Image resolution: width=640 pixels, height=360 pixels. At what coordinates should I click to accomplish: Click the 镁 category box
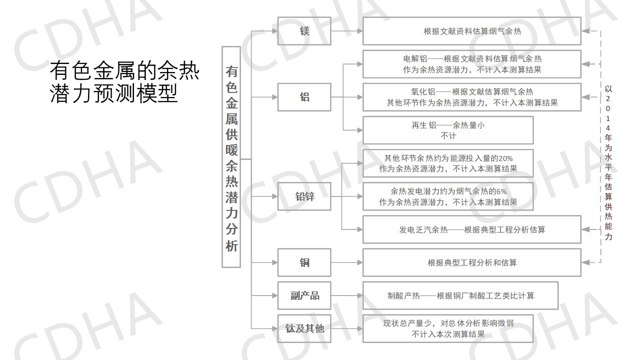pyautogui.click(x=304, y=31)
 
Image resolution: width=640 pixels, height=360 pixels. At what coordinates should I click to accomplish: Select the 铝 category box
pyautogui.click(x=304, y=97)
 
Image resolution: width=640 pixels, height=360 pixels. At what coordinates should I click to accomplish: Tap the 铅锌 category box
pyautogui.click(x=304, y=196)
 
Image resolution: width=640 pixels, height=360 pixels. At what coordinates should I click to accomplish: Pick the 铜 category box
pyautogui.click(x=304, y=262)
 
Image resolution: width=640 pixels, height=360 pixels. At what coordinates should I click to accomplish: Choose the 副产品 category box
pyautogui.click(x=304, y=295)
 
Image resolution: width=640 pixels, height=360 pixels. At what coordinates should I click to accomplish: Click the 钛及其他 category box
pyautogui.click(x=304, y=328)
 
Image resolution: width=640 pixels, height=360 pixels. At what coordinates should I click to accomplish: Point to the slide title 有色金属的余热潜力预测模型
pyautogui.click(x=124, y=82)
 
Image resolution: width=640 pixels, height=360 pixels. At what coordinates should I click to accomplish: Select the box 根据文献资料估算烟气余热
pyautogui.click(x=471, y=31)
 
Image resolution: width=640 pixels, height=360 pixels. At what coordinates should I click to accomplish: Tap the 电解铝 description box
pyautogui.click(x=471, y=64)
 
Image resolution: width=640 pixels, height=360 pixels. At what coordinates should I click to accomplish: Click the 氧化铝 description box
pyautogui.click(x=471, y=97)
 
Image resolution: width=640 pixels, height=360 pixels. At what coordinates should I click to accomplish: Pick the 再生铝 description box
pyautogui.click(x=447, y=130)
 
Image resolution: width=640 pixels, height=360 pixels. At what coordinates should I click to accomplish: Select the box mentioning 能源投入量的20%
pyautogui.click(x=447, y=163)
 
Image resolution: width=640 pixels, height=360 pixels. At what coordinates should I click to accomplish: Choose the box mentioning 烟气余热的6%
pyautogui.click(x=447, y=196)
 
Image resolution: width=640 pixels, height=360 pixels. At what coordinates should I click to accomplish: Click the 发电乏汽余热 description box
pyautogui.click(x=471, y=229)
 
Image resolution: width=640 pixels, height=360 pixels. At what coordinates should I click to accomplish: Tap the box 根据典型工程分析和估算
pyautogui.click(x=471, y=262)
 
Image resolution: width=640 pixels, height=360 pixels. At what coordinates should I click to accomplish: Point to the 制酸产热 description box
pyautogui.click(x=460, y=295)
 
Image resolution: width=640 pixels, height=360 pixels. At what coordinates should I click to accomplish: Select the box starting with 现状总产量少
pyautogui.click(x=447, y=328)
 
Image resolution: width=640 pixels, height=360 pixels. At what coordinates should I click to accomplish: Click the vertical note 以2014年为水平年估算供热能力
pyautogui.click(x=608, y=162)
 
